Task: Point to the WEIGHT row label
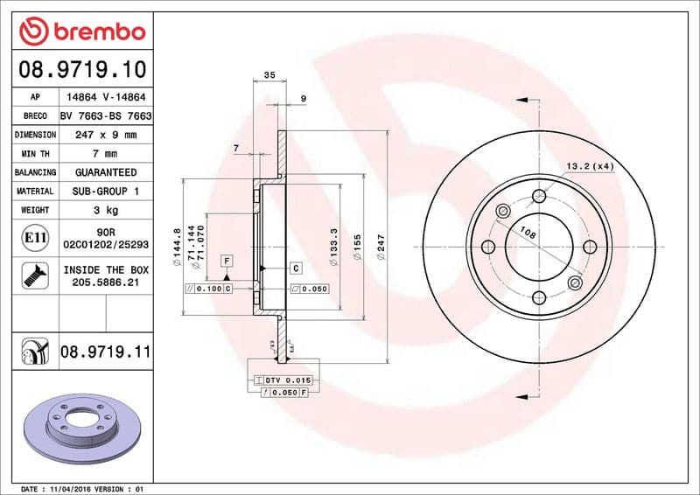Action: (x=36, y=210)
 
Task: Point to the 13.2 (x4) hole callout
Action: (x=589, y=165)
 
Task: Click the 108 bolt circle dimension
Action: (x=528, y=234)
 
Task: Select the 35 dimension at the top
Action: (x=269, y=76)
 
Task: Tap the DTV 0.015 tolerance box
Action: (x=283, y=380)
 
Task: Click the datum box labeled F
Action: (x=226, y=261)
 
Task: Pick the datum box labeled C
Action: (x=296, y=268)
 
